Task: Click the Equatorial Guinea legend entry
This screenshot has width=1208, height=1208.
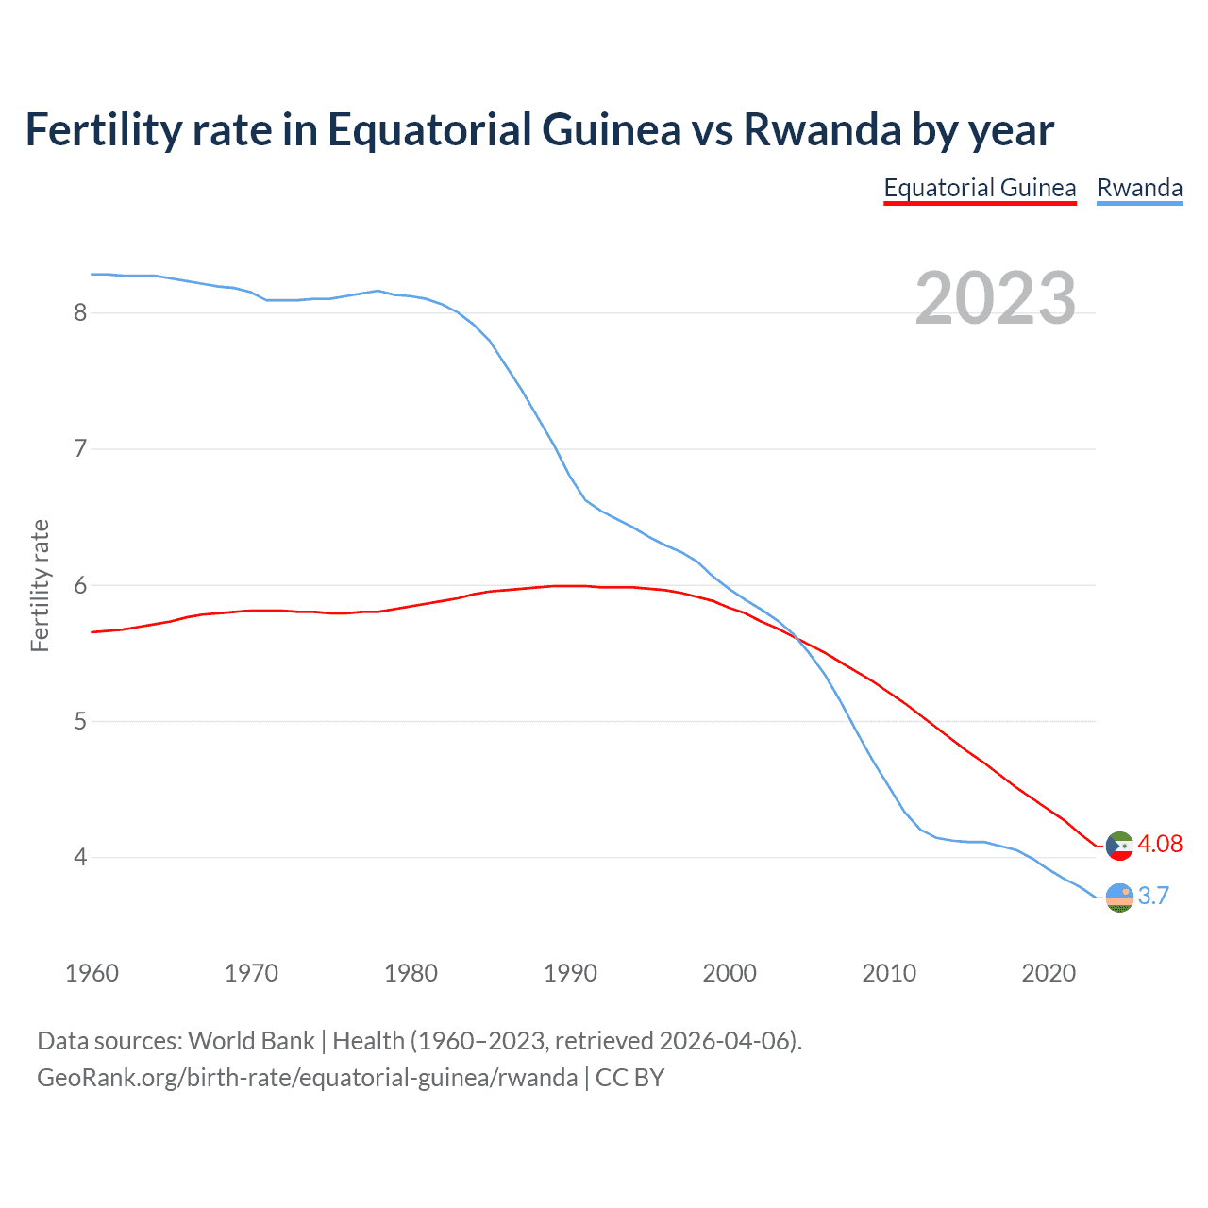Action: tap(980, 189)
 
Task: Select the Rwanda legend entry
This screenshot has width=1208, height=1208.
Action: tap(1139, 189)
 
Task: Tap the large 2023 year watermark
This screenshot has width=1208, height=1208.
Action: tap(996, 298)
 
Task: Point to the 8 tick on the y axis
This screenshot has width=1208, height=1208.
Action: tap(80, 312)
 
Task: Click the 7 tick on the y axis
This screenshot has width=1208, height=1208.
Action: tap(80, 448)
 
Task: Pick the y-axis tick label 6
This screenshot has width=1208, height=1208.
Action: tap(80, 585)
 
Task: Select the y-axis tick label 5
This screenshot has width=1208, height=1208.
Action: tap(80, 722)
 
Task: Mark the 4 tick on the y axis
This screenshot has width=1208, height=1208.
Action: tap(80, 858)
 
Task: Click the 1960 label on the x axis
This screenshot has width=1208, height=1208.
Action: tap(92, 973)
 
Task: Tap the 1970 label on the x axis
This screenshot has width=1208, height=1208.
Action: tap(251, 973)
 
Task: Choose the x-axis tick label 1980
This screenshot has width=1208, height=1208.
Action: tap(411, 973)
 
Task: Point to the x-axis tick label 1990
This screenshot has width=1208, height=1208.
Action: tap(570, 973)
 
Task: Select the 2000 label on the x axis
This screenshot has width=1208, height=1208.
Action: tap(730, 973)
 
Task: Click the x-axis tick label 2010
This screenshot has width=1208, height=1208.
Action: tap(889, 973)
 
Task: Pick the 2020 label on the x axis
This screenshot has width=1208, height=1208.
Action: tap(1049, 973)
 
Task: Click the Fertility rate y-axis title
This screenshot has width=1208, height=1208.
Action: tap(40, 585)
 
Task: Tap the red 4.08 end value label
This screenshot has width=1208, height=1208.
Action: tap(1160, 844)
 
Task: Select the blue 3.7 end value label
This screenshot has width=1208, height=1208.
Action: tap(1153, 896)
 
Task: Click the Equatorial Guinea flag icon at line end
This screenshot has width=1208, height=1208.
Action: tap(1119, 846)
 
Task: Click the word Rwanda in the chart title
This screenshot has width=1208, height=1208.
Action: tap(822, 129)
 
